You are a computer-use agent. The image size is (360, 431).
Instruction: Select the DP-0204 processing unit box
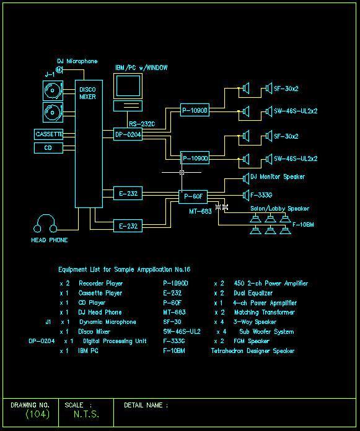pyautogui.click(x=128, y=134)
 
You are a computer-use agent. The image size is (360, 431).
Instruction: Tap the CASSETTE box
pyautogui.click(x=49, y=134)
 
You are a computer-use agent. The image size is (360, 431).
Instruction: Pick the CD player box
pyautogui.click(x=48, y=148)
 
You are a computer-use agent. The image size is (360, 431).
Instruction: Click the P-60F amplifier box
pyautogui.click(x=193, y=196)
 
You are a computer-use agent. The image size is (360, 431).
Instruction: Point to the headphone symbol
pyautogui.click(x=46, y=224)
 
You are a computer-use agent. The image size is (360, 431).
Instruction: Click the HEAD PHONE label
pyautogui.click(x=49, y=240)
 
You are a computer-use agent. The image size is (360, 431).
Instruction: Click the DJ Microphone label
pyautogui.click(x=77, y=61)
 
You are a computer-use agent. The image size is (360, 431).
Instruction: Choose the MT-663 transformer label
pyautogui.click(x=200, y=212)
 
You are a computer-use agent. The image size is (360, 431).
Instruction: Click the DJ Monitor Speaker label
pyautogui.click(x=277, y=177)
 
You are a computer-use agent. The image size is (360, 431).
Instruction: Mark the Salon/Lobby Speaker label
pyautogui.click(x=279, y=209)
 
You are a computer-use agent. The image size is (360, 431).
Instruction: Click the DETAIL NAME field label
pyautogui.click(x=146, y=405)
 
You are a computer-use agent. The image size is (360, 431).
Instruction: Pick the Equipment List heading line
pyautogui.click(x=124, y=269)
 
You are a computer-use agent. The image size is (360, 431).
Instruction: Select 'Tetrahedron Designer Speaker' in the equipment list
pyautogui.click(x=252, y=351)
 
